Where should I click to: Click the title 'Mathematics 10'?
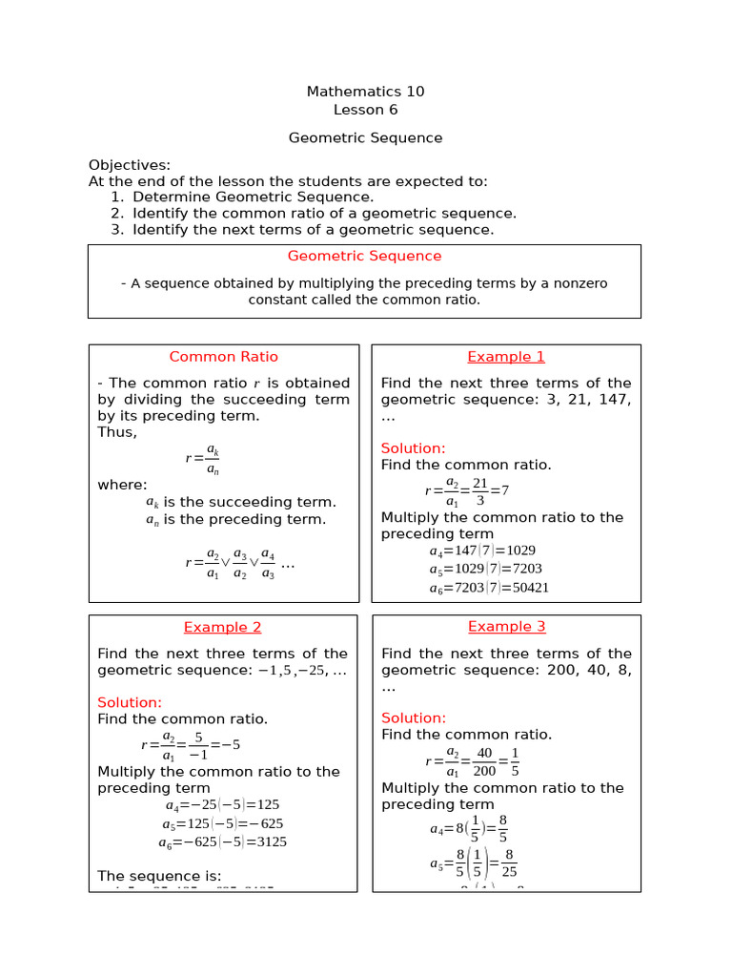365,92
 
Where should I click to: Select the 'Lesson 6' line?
365,110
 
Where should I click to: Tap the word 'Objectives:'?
130,165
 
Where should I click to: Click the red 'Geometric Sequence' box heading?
364,256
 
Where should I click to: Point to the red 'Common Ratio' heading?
224,357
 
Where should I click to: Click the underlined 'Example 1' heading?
506,357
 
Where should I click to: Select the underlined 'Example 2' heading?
222,627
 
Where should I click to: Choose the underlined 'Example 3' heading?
506,627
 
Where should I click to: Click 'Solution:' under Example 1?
413,448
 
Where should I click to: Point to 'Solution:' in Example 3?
414,717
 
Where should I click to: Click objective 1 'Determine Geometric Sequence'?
253,197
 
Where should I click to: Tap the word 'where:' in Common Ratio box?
122,485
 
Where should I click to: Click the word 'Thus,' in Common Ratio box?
117,432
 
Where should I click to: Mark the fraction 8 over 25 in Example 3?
509,864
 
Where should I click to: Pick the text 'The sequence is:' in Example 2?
159,876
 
